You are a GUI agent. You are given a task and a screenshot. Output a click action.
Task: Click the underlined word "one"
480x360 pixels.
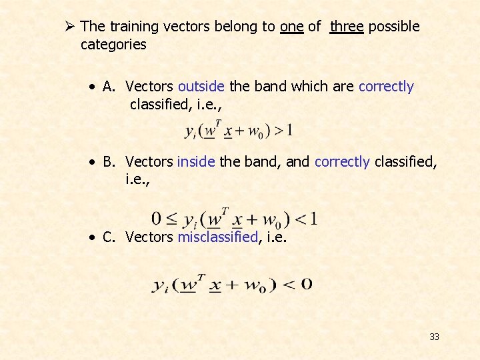tap(292, 27)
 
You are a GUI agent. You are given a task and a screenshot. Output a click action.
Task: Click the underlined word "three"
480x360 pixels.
tap(347, 27)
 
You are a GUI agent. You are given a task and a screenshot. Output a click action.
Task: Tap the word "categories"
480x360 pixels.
tap(113, 45)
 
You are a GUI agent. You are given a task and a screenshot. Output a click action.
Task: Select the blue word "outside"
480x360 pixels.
tap(201, 87)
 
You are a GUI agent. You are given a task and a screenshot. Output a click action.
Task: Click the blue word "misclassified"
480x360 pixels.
tap(217, 237)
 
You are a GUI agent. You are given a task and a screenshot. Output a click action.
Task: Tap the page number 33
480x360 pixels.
tap(434, 337)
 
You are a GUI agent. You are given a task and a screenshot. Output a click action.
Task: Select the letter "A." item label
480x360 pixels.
tap(111, 87)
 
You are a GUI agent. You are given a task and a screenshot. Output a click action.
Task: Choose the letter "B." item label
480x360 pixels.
tap(111, 162)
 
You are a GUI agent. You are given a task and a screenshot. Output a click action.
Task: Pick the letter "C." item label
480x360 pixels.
tap(111, 237)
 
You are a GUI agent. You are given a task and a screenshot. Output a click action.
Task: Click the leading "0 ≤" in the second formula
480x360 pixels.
tap(164, 219)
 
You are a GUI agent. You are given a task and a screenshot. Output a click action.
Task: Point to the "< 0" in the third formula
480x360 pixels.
tap(297, 285)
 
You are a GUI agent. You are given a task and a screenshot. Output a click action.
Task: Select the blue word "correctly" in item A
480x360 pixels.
tap(386, 87)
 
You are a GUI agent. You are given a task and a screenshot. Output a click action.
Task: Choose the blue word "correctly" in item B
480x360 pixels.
tap(342, 162)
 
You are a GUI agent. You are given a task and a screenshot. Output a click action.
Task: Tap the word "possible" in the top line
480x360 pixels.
tap(394, 27)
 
